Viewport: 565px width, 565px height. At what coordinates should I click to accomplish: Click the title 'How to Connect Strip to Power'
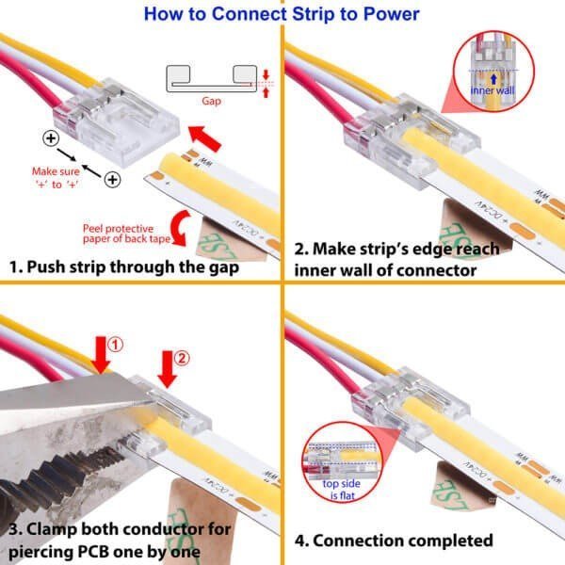(282, 13)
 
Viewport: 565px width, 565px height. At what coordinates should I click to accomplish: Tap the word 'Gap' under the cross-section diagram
(211, 100)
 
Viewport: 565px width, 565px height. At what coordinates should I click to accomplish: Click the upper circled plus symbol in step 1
(49, 139)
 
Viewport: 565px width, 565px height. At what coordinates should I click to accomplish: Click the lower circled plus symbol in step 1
(113, 179)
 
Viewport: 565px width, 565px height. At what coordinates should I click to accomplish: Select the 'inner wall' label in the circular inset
(492, 89)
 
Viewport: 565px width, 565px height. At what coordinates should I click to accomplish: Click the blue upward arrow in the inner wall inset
(492, 76)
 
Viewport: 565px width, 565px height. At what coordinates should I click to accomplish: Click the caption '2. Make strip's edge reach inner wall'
(405, 260)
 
